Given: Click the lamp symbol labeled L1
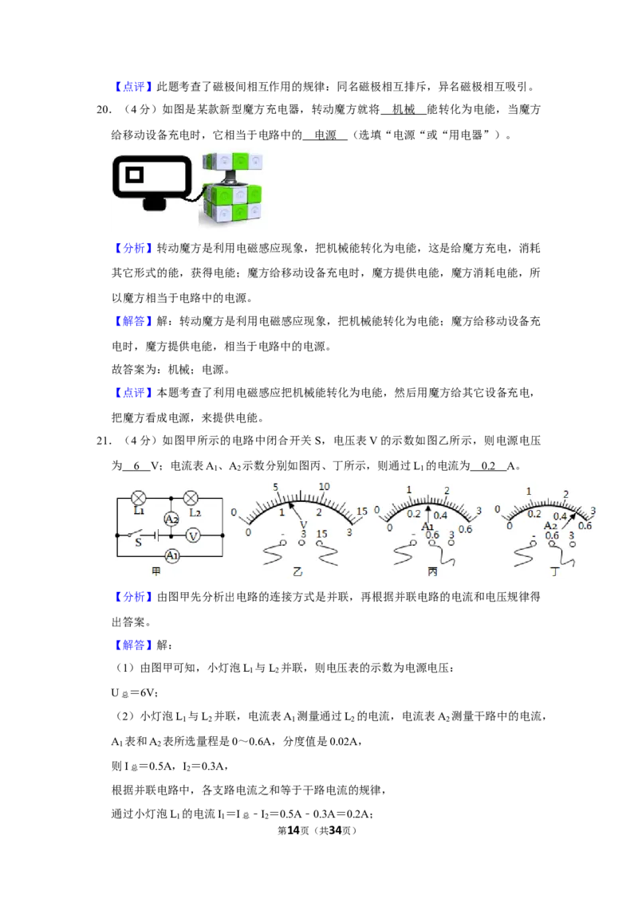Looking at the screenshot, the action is [139, 498].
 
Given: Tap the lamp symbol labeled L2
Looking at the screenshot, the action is [191, 498].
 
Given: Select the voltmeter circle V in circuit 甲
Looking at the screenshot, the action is [193, 535].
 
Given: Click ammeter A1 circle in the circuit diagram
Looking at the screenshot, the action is [172, 556].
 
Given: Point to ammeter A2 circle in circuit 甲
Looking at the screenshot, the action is [171, 519].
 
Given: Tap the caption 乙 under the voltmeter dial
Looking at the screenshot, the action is [297, 572].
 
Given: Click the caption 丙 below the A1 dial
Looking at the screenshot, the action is [432, 572].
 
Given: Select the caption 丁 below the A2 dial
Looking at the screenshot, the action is [554, 572].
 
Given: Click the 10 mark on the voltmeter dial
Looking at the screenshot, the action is [324, 487].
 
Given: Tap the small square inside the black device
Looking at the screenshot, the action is [134, 174].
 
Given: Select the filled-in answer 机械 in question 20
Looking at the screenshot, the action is [403, 109].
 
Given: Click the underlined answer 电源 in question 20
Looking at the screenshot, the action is [325, 135].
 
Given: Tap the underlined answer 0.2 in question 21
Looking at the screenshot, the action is [488, 466].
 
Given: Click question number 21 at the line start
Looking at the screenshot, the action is [104, 441].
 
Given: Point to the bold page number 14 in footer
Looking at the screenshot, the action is [293, 830].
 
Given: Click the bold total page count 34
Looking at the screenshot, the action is [335, 830].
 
